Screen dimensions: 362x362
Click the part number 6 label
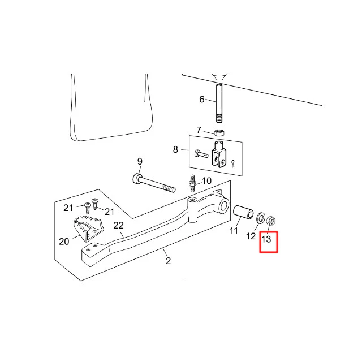pos(202,100)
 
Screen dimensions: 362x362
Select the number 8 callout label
pos(175,149)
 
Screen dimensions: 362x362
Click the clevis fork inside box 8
pos(219,154)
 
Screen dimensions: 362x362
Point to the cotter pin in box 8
pos(233,163)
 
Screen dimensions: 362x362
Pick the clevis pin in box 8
pos(201,154)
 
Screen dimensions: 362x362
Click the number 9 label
pos(140,162)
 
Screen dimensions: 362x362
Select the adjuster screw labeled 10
pos(192,183)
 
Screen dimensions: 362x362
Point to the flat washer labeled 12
pos(261,218)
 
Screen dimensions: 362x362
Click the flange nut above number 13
pos(271,221)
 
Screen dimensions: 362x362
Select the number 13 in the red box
pos(266,239)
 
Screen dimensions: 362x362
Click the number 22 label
pos(118,225)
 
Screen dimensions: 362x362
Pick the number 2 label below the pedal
pos(169,261)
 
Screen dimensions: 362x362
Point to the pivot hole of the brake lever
pos(224,205)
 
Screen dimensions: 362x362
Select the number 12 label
pos(251,236)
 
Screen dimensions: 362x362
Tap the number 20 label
pos(64,242)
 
